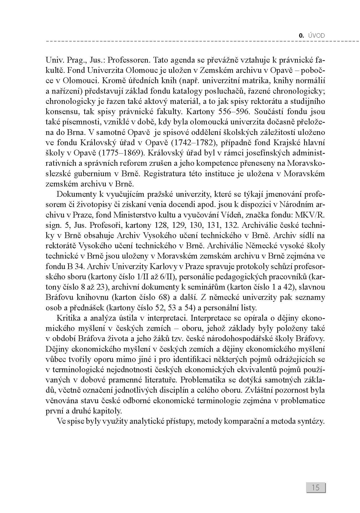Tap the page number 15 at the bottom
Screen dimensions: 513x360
316,487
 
